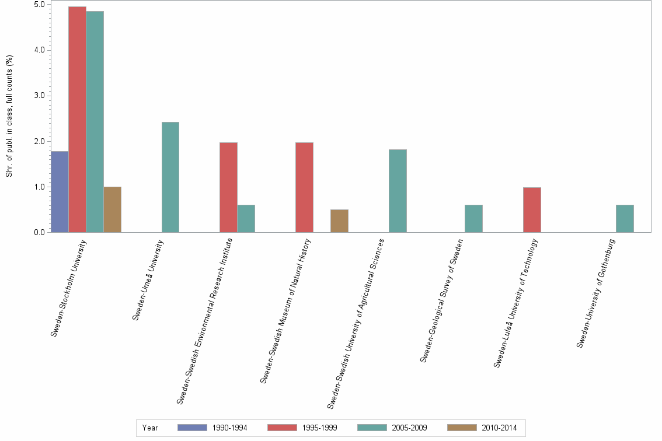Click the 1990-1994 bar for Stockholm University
60,192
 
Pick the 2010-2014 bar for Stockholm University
113,209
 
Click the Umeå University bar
170,177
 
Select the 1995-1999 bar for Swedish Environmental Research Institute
229,187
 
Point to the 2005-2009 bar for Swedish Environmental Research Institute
246,219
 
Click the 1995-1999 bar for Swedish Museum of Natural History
305,187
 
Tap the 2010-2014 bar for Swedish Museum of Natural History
340,221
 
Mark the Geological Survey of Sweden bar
473,219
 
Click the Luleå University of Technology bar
532,210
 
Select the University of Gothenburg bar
625,219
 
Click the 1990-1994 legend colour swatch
192,428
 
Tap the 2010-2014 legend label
499,428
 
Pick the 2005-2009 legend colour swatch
372,428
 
